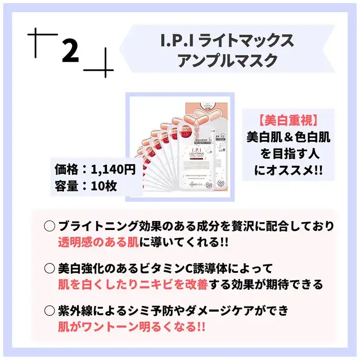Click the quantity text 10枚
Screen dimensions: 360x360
(x=103, y=186)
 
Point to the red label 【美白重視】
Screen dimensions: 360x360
(x=289, y=120)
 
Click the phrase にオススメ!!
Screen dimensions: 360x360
(x=289, y=168)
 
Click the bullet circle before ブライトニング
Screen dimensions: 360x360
(x=49, y=226)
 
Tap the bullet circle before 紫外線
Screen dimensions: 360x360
(x=49, y=309)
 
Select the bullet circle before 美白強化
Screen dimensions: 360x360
(x=49, y=268)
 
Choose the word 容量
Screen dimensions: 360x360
(x=66, y=186)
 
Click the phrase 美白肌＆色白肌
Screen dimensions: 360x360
(x=289, y=136)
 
